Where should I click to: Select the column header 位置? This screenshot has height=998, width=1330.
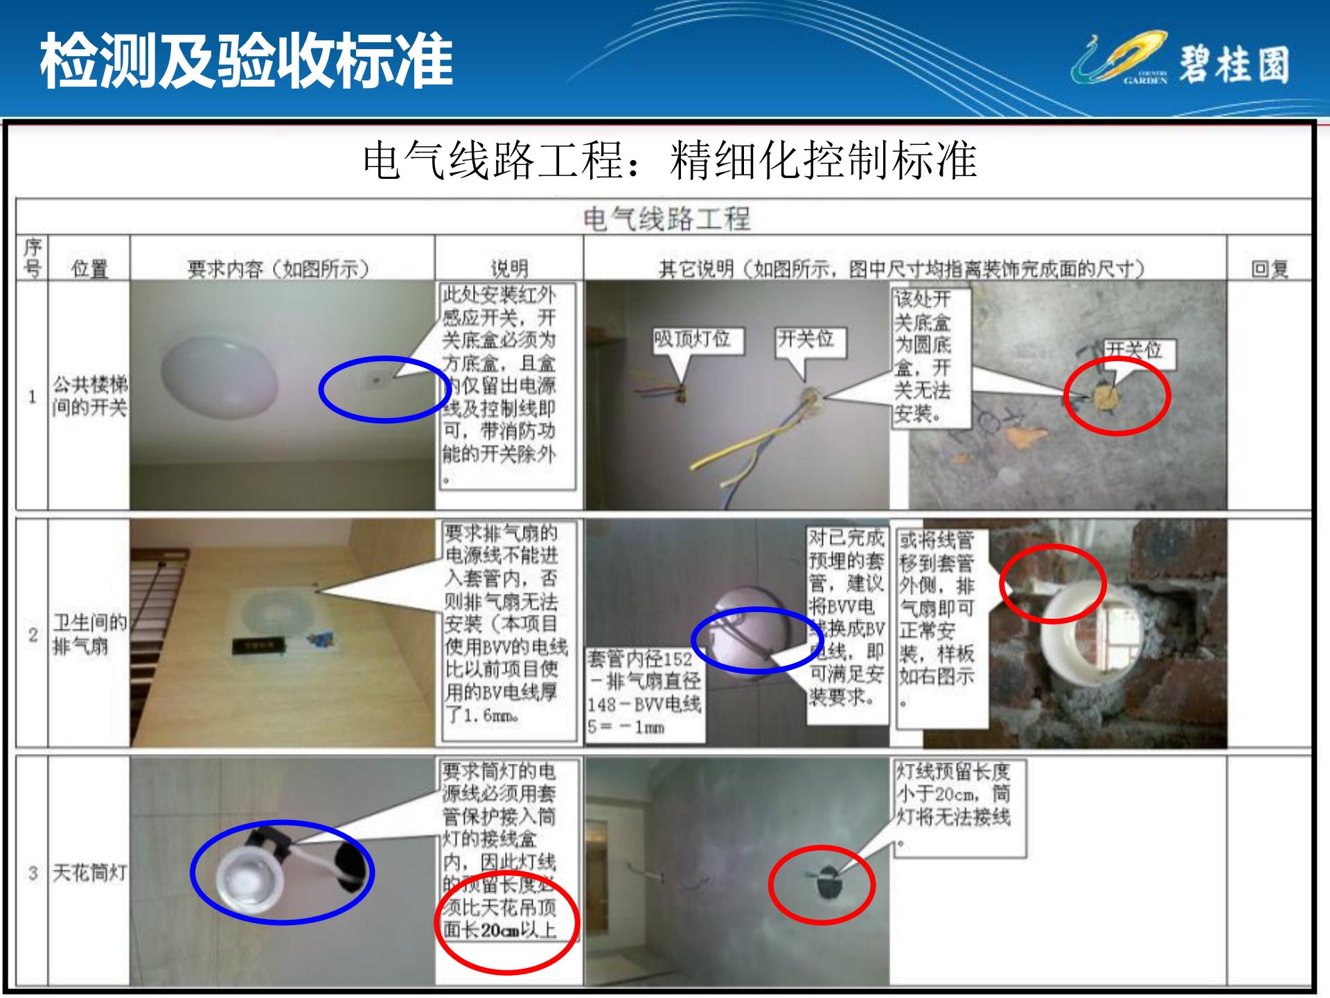click(x=89, y=268)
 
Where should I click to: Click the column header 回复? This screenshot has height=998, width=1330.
click(x=1269, y=268)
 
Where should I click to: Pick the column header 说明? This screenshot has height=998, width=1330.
click(x=508, y=268)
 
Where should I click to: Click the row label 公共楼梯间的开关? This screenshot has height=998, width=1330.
click(x=89, y=396)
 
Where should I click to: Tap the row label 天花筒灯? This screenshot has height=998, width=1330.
click(x=89, y=873)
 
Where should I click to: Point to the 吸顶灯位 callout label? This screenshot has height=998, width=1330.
click(x=691, y=340)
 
